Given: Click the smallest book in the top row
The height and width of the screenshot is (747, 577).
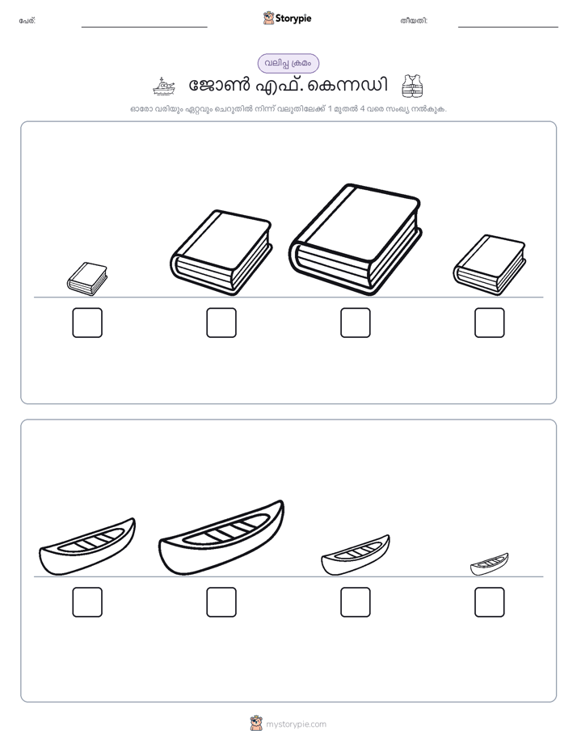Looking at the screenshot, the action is (x=87, y=279).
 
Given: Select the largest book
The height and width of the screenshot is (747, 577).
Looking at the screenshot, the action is (x=355, y=239).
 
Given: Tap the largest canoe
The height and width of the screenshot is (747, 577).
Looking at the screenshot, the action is (x=221, y=538).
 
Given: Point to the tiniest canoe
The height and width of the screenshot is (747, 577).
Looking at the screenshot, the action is (x=490, y=564).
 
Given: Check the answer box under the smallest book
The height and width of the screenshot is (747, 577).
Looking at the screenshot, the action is (x=87, y=323).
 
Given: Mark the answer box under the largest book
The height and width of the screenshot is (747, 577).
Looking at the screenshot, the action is (x=355, y=323).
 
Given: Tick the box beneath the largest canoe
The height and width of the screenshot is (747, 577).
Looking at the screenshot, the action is (x=221, y=602).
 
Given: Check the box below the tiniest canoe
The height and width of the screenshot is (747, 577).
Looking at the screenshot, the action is (x=490, y=602).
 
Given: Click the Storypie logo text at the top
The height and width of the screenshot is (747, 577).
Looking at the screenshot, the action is (x=293, y=18).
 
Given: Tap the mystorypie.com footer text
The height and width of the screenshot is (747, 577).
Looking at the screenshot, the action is (x=296, y=724).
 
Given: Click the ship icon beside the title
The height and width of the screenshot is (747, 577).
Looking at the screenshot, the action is (x=164, y=87).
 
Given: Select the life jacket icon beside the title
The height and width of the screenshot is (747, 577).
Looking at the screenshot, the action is (x=412, y=87).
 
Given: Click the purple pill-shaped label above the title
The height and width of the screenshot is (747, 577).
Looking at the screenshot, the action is (x=288, y=63).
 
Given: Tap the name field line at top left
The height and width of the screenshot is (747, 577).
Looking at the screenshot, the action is (x=144, y=27).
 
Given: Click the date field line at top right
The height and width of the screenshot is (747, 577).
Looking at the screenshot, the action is (x=508, y=27).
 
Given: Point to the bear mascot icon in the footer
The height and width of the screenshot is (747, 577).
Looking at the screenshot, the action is (x=256, y=724).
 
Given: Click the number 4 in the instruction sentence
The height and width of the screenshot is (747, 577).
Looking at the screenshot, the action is (x=362, y=108).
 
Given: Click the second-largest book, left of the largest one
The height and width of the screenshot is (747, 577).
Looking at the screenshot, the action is (x=221, y=252).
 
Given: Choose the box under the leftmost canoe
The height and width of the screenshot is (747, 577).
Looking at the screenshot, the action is (x=87, y=602).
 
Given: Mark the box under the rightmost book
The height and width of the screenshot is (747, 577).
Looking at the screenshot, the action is (x=490, y=323).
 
